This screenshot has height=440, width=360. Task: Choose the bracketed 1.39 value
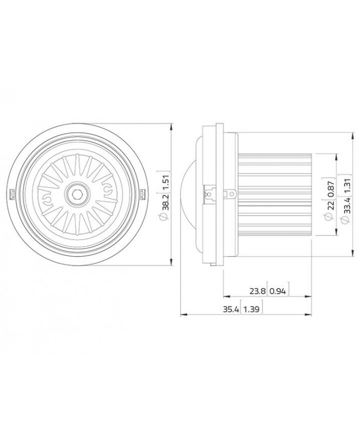[x=253, y=310]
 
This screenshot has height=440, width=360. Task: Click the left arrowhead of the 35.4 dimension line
[x=184, y=316]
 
